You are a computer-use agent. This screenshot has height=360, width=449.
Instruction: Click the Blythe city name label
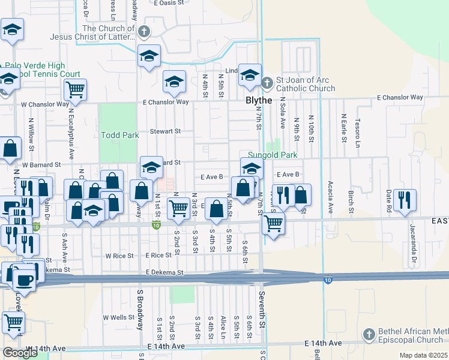coord(259,101)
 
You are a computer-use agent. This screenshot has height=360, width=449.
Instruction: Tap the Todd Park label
coord(119,136)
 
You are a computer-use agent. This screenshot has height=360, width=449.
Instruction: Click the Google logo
coord(20,353)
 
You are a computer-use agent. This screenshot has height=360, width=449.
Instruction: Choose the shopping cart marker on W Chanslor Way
coord(75,90)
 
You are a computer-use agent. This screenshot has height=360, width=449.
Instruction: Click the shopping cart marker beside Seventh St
coord(273,224)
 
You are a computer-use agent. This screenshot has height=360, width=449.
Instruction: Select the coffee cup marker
coord(23,280)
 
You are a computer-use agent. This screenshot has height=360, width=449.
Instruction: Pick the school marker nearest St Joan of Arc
coord(250,74)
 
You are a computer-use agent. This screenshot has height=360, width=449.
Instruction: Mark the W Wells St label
coord(118,317)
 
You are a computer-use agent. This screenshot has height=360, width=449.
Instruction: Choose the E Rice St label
coord(158,255)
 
